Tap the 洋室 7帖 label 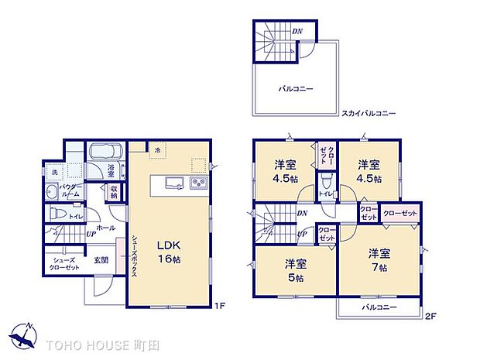point(378,259)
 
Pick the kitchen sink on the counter point(173,183)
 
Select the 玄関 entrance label point(101,259)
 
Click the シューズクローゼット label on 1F point(65,263)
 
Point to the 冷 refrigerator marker point(157,149)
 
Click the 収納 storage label point(114,192)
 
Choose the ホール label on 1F point(105,228)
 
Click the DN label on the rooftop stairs point(297,30)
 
